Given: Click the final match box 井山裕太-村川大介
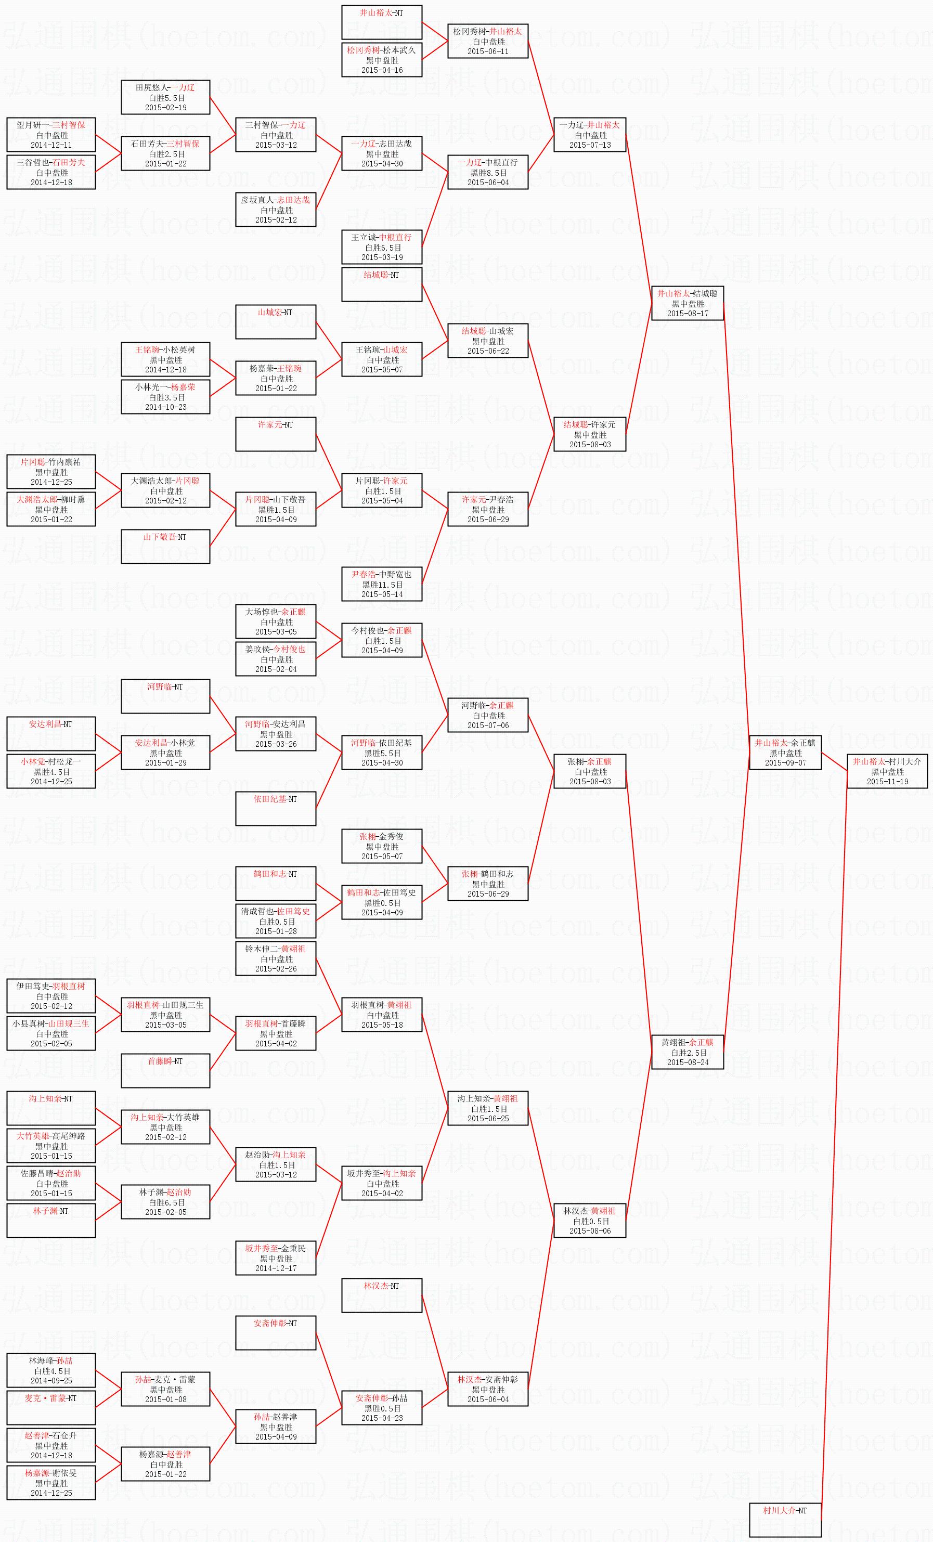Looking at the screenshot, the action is pyautogui.click(x=887, y=771).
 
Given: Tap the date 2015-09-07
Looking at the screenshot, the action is pyautogui.click(x=785, y=763).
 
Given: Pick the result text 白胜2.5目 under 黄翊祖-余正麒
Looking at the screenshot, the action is pyautogui.click(x=688, y=1053).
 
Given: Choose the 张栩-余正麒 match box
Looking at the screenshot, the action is pyautogui.click(x=589, y=771).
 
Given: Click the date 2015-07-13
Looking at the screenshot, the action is pyautogui.click(x=589, y=145).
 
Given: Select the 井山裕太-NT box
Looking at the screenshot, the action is pyautogui.click(x=382, y=22).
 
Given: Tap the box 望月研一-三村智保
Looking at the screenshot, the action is pyautogui.click(x=51, y=135).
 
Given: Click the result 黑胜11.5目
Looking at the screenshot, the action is pyautogui.click(x=382, y=585).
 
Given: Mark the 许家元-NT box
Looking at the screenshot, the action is pyautogui.click(x=276, y=434).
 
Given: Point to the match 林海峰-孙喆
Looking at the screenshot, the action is pyautogui.click(x=51, y=1371).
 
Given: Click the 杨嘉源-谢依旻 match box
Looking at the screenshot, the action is pyautogui.click(x=51, y=1483).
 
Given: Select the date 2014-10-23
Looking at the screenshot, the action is pyautogui.click(x=166, y=407).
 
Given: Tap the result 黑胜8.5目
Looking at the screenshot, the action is pyautogui.click(x=488, y=173).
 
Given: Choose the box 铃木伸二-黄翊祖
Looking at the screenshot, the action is pyautogui.click(x=276, y=958).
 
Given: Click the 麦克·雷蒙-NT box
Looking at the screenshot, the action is pyautogui.click(x=51, y=1408).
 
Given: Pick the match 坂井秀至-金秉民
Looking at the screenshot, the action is pyautogui.click(x=276, y=1259).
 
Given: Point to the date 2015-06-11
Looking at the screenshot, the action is pyautogui.click(x=488, y=51).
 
